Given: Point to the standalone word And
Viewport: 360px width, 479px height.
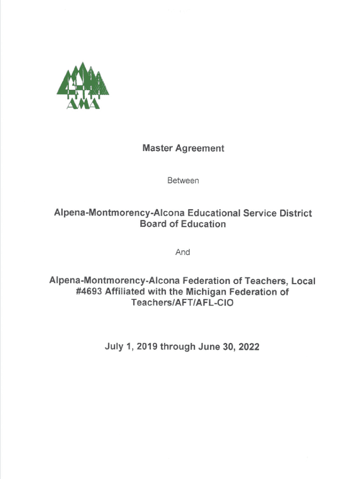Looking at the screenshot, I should point(183,252).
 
